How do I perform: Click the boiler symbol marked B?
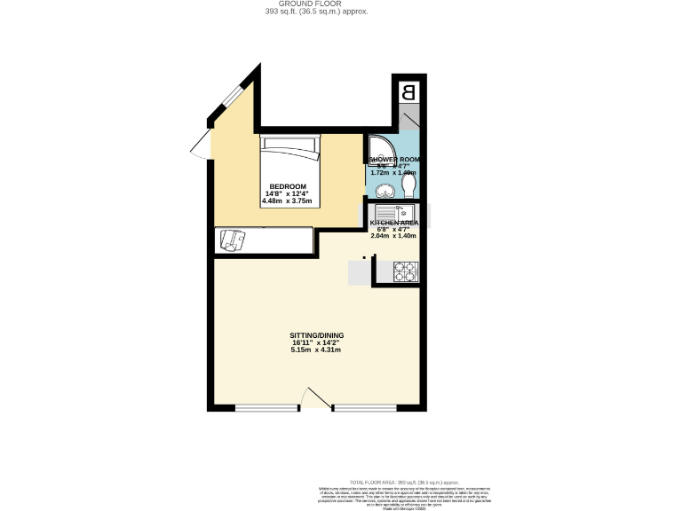pyautogui.click(x=408, y=91)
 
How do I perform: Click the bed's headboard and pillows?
pyautogui.click(x=289, y=147)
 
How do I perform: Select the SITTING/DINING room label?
pyautogui.click(x=317, y=335)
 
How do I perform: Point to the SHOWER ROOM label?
pyautogui.click(x=394, y=160)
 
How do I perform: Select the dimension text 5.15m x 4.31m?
pyautogui.click(x=317, y=350)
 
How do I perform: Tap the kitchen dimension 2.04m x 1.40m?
pyautogui.click(x=393, y=237)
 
